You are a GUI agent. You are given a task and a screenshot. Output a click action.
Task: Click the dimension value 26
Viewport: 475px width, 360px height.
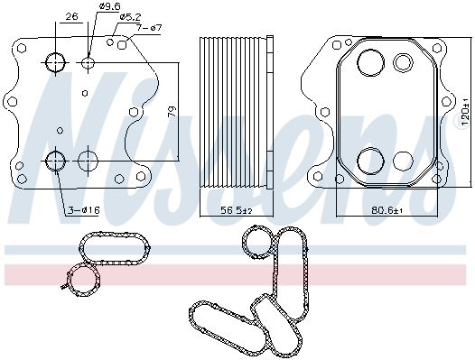(x=72, y=15)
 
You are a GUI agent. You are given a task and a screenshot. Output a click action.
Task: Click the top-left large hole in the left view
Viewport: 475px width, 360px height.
(x=56, y=62)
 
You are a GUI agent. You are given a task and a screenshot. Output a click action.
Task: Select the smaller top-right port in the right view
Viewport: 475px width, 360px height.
(x=404, y=62)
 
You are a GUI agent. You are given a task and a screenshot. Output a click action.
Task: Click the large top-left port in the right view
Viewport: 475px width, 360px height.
(x=370, y=62)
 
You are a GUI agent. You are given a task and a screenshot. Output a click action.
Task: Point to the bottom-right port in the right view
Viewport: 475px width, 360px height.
(x=404, y=161)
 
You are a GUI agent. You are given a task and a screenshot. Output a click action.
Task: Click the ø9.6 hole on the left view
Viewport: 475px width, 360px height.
(x=88, y=62)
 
